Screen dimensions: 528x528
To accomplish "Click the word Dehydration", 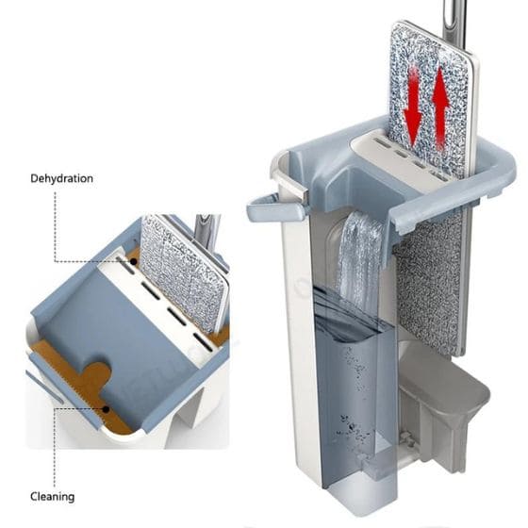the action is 61,178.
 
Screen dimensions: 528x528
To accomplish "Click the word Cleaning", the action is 52,497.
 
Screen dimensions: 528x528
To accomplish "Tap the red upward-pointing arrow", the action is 441,108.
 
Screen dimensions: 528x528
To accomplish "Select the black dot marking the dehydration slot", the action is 134,262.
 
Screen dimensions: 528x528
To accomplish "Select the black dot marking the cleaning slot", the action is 106,409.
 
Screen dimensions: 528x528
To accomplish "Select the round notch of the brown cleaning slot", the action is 98,373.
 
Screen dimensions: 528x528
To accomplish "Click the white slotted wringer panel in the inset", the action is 161,306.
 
